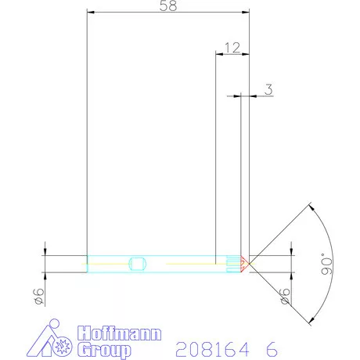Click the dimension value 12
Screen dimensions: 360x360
click(x=232, y=48)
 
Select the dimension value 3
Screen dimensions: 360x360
click(x=268, y=89)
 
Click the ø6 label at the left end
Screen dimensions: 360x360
click(x=37, y=294)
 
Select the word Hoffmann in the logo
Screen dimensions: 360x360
click(x=119, y=334)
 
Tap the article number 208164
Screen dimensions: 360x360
click(x=211, y=347)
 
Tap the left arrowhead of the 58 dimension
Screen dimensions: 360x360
click(x=89, y=13)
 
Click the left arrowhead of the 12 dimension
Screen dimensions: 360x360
click(x=218, y=54)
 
